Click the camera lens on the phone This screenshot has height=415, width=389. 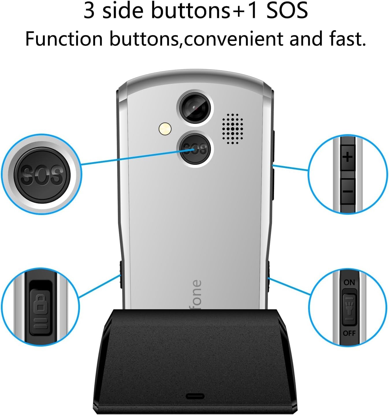point(195,108)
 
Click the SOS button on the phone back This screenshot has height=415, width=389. point(195,149)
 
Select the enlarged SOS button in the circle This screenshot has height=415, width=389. point(42,174)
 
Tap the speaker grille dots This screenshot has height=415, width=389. point(232,129)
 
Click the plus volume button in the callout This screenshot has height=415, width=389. point(348,157)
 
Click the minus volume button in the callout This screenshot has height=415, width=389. point(348,191)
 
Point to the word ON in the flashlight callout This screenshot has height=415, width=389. point(349,282)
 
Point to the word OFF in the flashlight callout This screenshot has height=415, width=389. point(349,333)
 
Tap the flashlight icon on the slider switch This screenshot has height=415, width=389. point(349,308)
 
